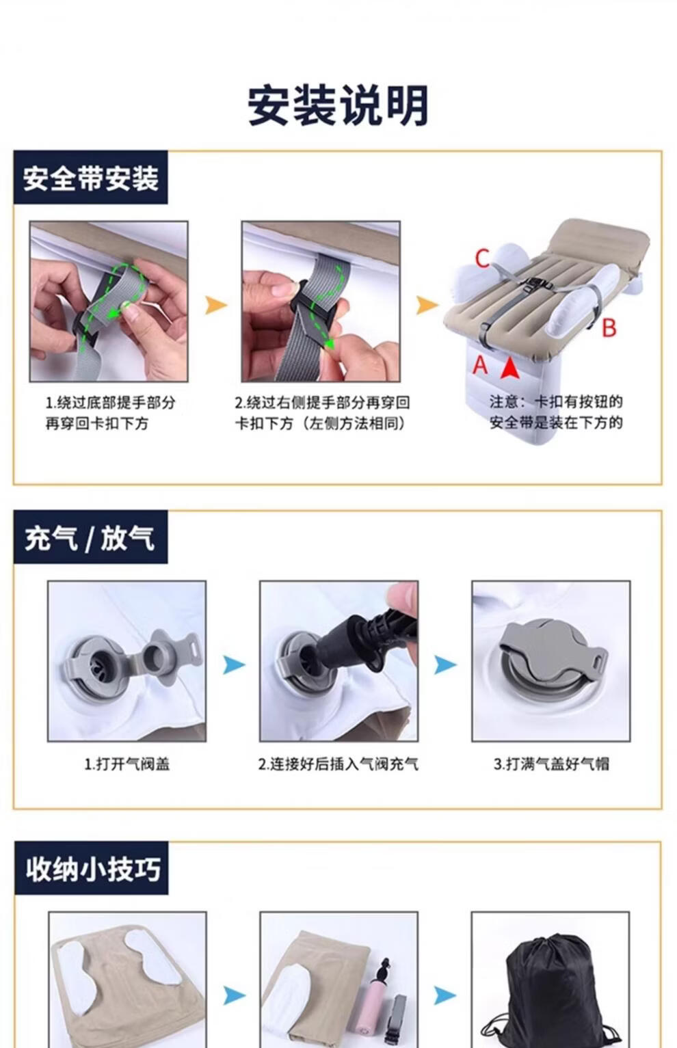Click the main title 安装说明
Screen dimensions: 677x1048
pos(338,105)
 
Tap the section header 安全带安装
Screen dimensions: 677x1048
pos(91,178)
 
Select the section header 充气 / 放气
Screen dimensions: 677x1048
pos(90,538)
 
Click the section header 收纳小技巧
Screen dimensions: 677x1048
pos(93,870)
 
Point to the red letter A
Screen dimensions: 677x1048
pos(481,364)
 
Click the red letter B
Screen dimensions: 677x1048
pos(609,327)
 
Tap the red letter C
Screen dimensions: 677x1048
pos(482,258)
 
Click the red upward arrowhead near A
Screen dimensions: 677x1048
pos(509,368)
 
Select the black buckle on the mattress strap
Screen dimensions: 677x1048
pos(534,284)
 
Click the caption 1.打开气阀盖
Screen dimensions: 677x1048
pos(127,764)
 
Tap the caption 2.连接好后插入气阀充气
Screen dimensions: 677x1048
pos(338,764)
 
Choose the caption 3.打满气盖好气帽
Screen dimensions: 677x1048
pos(552,764)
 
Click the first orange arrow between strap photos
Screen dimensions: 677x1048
pos(215,306)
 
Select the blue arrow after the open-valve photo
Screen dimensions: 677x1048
pos(234,664)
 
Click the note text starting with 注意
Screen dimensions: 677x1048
pos(556,412)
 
